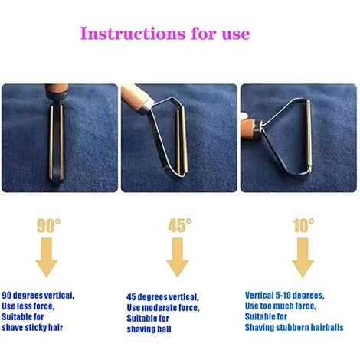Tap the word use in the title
pos(236,35)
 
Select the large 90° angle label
pos(49,225)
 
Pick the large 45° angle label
pos(180,225)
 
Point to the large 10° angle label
pos(303,225)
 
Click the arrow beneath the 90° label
pos(47,257)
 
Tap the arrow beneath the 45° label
pos(178,257)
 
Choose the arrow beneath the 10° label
pos(303,257)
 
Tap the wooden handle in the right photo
pos(250,128)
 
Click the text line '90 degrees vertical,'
pos(38,296)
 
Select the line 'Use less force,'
pos(28,306)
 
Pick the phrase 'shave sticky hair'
pos(32,327)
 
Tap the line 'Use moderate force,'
pos(163,308)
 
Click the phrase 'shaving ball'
pos(149,329)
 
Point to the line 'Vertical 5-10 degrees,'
pos(285,296)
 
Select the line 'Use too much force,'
pos(280,306)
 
